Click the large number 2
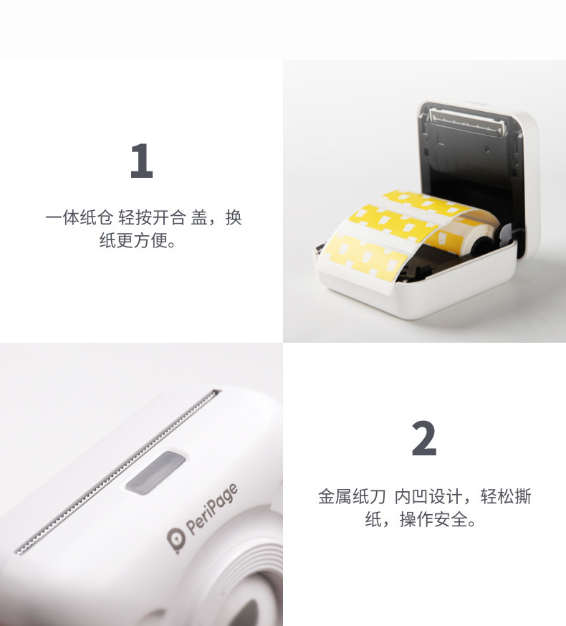pos(424,440)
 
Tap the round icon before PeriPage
pos(175,541)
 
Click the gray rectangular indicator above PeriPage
pos(155,473)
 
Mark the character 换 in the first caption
pos(234,218)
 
